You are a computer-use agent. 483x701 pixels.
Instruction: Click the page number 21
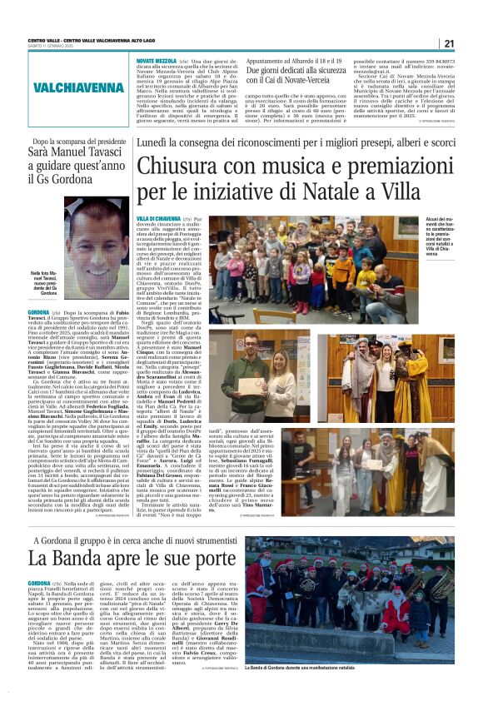pyautogui.click(x=449, y=43)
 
